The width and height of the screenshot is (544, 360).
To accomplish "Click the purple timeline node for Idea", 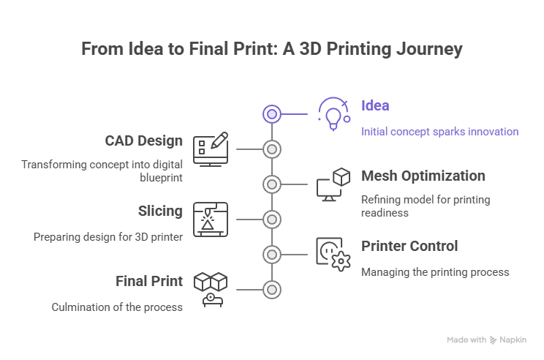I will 272,114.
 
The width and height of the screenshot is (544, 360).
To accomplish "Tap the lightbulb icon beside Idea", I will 333,113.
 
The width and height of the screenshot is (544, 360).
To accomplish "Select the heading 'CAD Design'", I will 144,140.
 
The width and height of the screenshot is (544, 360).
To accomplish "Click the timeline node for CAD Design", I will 272,149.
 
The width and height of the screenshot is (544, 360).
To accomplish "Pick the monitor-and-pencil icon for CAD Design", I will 210,149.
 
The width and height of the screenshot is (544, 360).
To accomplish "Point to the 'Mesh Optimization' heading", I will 423,176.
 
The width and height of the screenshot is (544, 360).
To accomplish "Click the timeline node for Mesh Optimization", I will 272,184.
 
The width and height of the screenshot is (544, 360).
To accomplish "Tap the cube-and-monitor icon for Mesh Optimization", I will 333,184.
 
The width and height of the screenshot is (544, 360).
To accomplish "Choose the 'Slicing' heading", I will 160,211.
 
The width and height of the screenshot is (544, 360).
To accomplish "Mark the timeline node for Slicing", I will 272,220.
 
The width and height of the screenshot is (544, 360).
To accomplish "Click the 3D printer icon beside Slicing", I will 210,219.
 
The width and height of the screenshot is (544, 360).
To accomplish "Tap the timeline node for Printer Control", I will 272,255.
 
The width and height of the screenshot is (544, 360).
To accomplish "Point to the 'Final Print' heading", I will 149,281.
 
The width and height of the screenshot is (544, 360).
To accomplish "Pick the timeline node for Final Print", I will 272,290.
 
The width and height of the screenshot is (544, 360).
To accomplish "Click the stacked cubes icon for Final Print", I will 210,288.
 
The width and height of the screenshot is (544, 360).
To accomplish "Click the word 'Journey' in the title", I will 429,50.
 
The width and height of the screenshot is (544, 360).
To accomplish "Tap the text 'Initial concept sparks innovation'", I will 439,132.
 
